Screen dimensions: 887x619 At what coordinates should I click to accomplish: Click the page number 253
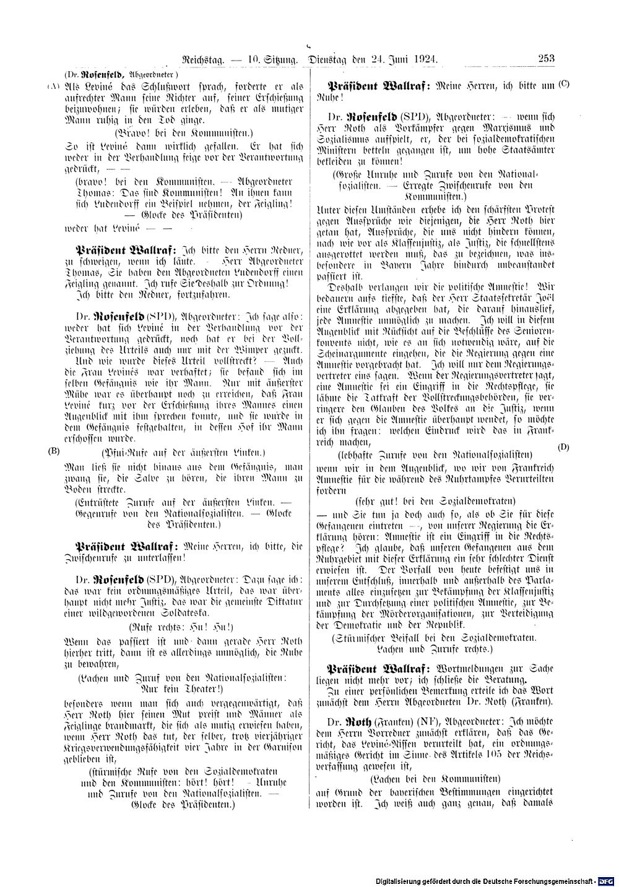tap(545, 59)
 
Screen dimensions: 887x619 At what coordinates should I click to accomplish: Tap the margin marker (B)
tap(54, 451)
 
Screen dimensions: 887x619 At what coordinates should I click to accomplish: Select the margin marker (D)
tap(563, 447)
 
